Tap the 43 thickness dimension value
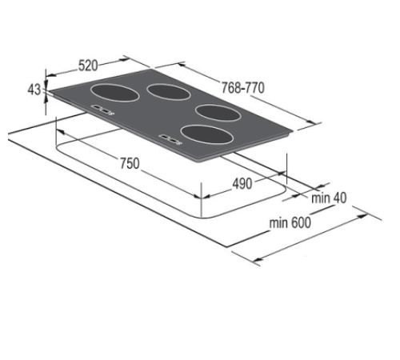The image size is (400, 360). [34, 90]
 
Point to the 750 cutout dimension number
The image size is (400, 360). [130, 163]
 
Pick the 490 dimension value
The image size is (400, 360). [242, 183]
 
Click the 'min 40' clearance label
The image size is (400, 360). [331, 198]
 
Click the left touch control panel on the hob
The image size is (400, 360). [102, 110]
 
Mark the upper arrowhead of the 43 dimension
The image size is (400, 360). [46, 78]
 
